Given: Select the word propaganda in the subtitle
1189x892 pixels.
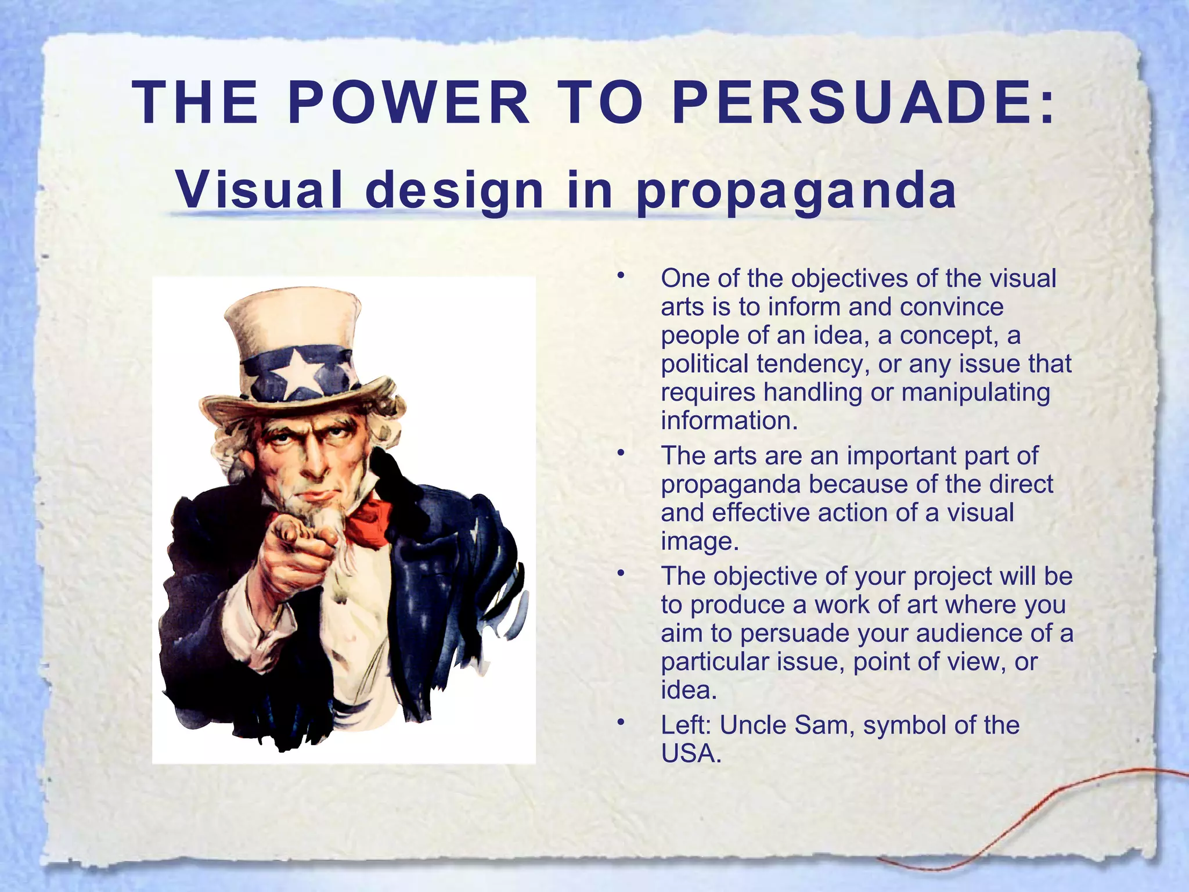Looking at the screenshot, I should click(796, 192).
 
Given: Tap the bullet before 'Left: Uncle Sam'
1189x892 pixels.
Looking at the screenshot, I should click(621, 721).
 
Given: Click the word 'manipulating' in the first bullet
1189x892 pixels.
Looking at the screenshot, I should click(975, 393).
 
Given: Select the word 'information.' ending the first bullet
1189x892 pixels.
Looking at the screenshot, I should click(729, 421).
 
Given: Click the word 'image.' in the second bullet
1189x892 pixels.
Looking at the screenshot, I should click(700, 542).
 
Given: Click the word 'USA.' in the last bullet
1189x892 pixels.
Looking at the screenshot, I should click(691, 754).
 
